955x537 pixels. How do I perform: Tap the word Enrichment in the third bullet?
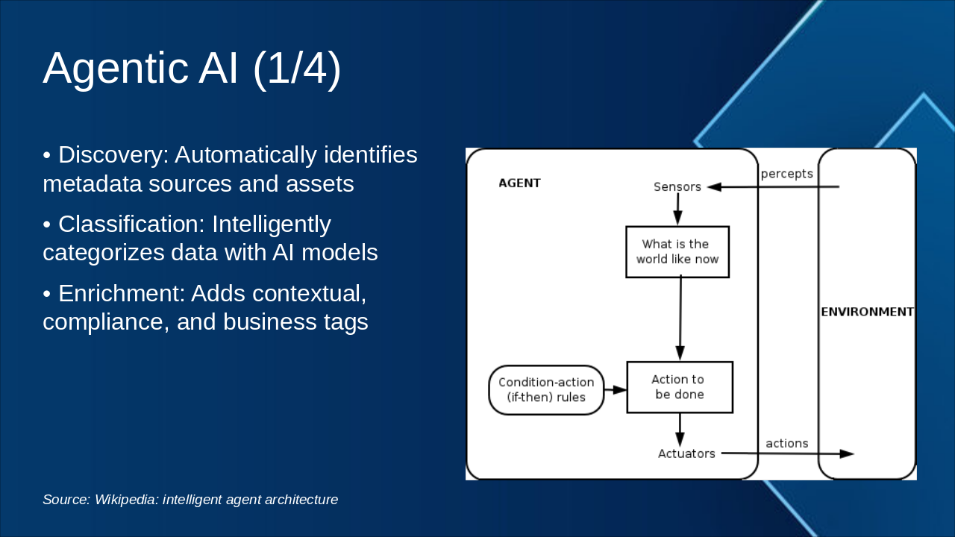point(121,294)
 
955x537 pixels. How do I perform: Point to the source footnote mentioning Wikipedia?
point(190,500)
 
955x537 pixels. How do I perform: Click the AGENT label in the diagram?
point(519,183)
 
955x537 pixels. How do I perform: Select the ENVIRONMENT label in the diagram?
point(867,312)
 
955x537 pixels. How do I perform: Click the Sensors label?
point(677,187)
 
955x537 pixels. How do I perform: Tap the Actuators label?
point(686,453)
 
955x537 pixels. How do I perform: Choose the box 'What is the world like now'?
point(677,252)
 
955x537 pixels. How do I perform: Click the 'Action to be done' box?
point(679,387)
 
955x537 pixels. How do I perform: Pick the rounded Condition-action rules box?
point(546,390)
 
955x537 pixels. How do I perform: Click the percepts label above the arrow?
point(786,174)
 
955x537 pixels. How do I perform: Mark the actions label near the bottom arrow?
point(786,444)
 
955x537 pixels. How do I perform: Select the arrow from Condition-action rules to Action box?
point(616,389)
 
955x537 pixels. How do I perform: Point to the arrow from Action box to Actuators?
point(680,429)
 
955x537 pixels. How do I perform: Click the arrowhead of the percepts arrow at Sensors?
point(714,187)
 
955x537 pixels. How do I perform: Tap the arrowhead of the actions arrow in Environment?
point(847,453)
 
